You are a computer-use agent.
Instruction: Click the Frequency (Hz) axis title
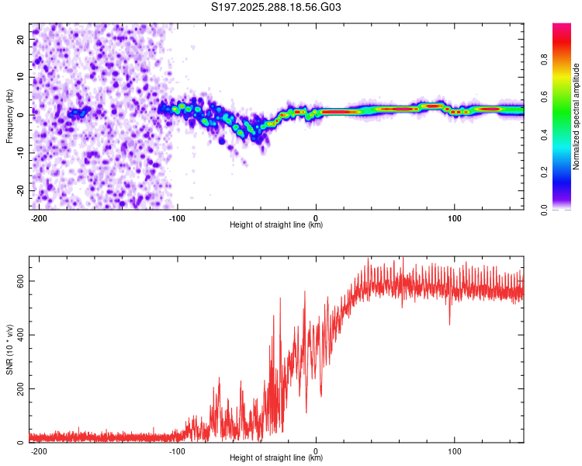pyautogui.click(x=9, y=116)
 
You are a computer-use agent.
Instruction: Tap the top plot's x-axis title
pyautogui.click(x=276, y=225)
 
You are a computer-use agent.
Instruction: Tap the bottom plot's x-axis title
pyautogui.click(x=276, y=458)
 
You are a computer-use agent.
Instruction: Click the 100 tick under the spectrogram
pyautogui.click(x=454, y=217)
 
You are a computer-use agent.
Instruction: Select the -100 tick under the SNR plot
pyautogui.click(x=177, y=450)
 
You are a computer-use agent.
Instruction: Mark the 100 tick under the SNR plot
pyautogui.click(x=454, y=450)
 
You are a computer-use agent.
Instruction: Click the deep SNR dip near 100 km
pyautogui.click(x=449, y=322)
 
